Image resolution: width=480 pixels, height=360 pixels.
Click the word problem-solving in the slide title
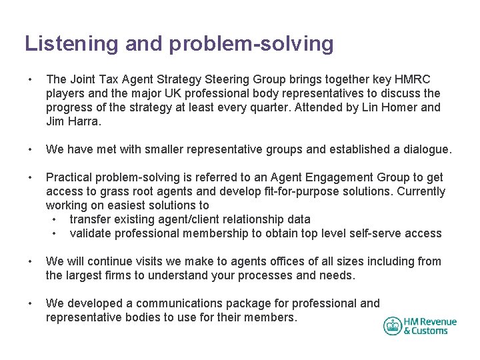click(x=251, y=44)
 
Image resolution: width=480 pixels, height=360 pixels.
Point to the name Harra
click(x=86, y=121)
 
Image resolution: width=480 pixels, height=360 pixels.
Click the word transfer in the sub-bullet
click(x=90, y=219)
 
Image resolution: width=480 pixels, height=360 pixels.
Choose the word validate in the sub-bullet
click(x=91, y=233)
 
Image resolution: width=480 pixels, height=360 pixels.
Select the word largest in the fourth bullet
click(x=86, y=275)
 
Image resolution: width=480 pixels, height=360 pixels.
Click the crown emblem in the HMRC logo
click(x=393, y=326)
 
